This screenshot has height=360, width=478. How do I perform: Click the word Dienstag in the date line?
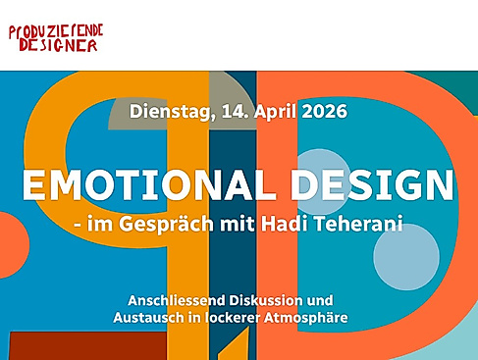click(166, 110)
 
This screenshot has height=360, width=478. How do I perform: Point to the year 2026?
click(322, 110)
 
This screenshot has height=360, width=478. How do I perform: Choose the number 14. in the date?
click(225, 110)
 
